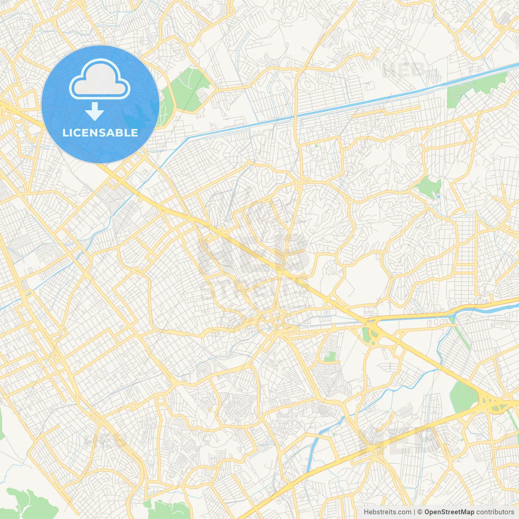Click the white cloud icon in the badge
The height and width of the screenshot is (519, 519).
point(100,79)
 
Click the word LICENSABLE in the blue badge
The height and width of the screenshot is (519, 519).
point(100,133)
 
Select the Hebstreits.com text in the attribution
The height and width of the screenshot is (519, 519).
point(387,512)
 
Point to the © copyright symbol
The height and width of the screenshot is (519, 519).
point(420,512)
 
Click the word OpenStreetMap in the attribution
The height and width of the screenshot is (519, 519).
point(449,512)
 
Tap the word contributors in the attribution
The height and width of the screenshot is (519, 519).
point(495,512)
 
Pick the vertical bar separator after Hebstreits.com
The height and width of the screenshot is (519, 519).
point(414,512)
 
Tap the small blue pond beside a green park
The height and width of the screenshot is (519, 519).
point(438,197)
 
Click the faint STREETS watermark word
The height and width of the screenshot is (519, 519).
point(253,289)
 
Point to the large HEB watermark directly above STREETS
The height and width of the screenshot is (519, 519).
point(253,251)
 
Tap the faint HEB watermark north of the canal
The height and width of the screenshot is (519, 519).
point(403,70)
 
